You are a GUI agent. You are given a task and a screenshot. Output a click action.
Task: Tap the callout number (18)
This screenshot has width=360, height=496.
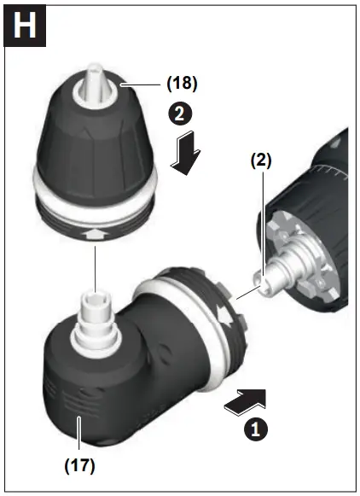click(180, 84)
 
